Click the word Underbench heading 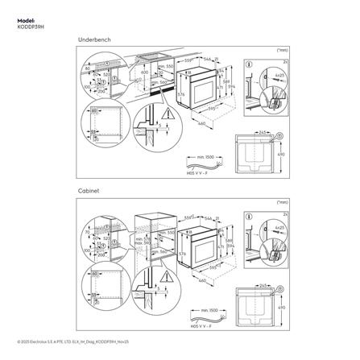point(93,39)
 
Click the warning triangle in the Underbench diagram point(167,114)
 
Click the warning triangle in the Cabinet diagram point(167,269)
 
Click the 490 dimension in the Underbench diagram point(281,155)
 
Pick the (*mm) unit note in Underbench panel point(281,50)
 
